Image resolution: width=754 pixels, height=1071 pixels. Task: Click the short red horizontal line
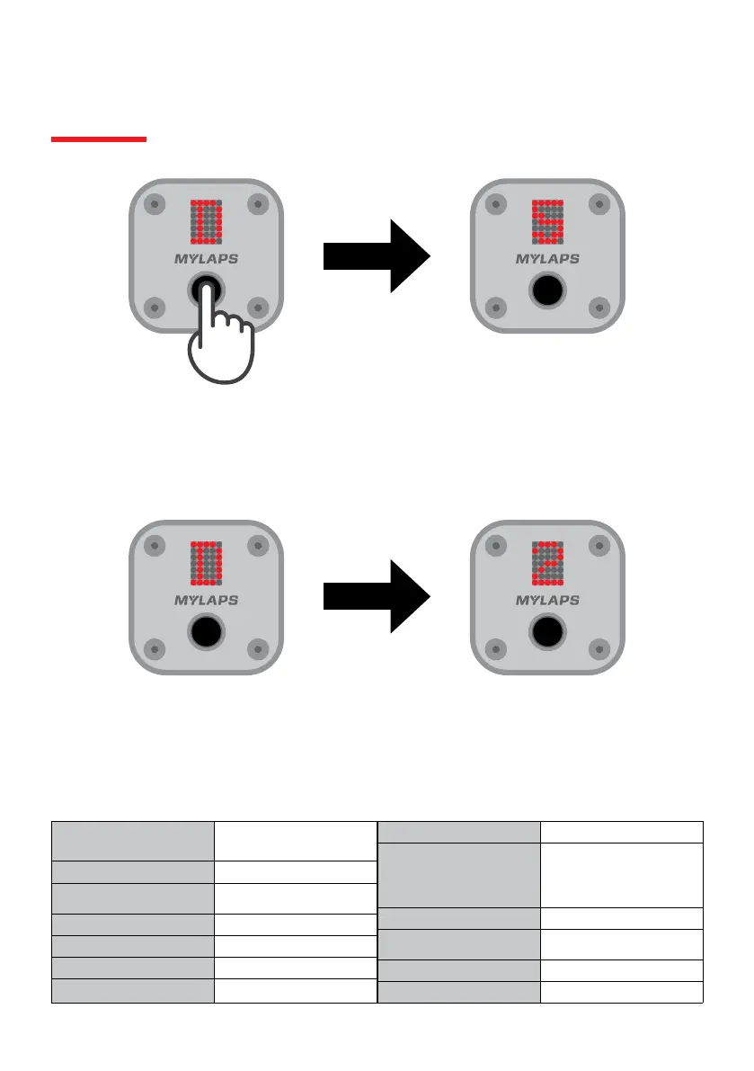coord(99,139)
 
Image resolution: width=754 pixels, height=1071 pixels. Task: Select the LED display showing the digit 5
coord(547,221)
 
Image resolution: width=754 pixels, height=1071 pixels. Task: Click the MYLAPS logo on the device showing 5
coord(547,260)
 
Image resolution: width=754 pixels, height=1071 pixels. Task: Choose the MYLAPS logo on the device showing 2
coord(547,600)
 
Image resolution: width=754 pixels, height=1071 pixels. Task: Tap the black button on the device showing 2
coord(547,632)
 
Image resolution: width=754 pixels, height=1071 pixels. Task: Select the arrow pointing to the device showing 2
coord(377,596)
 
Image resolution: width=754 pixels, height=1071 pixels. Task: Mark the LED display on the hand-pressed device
coord(207,221)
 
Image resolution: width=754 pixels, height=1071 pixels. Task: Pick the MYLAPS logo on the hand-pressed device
coord(207,260)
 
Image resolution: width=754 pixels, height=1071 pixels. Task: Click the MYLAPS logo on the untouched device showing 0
coord(207,600)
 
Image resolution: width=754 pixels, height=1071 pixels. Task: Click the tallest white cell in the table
coord(621,874)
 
